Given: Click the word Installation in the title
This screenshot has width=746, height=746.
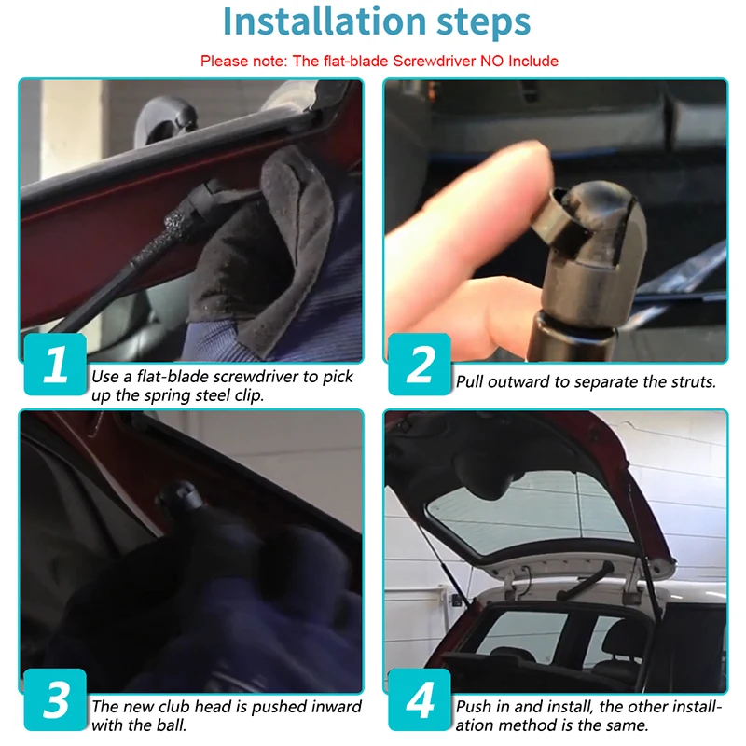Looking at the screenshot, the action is tap(324, 21).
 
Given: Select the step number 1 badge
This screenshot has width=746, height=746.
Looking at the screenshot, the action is tap(55, 365).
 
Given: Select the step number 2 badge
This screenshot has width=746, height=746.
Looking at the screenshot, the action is tap(420, 365).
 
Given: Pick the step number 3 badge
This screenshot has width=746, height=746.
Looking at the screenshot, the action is tap(55, 699).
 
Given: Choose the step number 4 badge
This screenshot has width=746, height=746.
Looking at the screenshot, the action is tap(420, 699).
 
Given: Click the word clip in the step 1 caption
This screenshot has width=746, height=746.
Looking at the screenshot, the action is tap(248, 395).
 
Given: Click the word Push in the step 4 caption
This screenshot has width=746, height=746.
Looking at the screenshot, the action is tap(474, 707).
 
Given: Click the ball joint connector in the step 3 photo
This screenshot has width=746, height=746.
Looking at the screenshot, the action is tap(181, 500).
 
